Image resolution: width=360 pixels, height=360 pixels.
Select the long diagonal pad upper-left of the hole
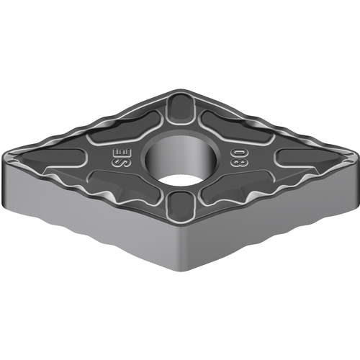pos(125,128)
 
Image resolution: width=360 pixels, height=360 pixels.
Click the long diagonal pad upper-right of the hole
pos(236,127)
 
